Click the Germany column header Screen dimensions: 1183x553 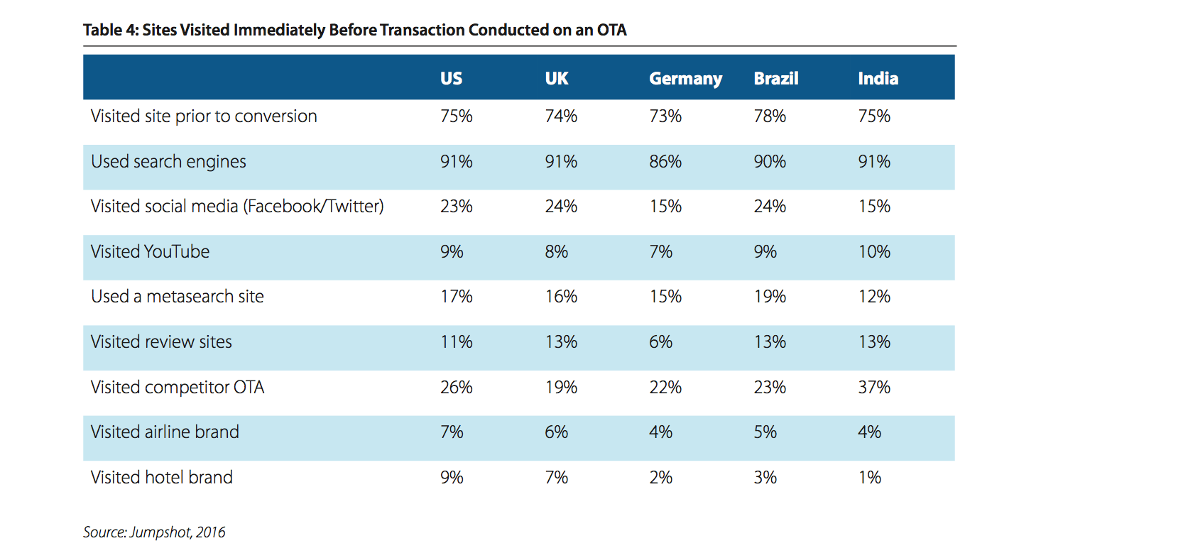point(685,79)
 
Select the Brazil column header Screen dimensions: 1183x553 point(776,79)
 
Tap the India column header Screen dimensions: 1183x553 point(878,79)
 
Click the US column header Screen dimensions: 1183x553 point(451,79)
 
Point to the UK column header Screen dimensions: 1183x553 point(557,79)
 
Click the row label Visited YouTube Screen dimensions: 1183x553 point(150,251)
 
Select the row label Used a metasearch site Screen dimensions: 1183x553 point(178,296)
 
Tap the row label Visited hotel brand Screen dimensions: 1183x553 point(162,477)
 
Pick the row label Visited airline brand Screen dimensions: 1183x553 point(165,432)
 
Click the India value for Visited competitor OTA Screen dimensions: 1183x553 point(874,387)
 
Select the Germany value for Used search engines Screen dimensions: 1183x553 point(665,161)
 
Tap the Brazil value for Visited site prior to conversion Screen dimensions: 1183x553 point(770,116)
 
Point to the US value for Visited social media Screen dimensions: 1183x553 point(457,206)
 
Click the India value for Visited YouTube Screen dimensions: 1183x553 point(874,251)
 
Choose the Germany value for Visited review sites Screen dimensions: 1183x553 point(660,341)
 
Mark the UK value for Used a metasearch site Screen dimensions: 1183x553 point(561,296)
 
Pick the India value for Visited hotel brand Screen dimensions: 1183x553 point(869,477)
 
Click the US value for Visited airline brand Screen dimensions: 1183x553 point(452,432)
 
